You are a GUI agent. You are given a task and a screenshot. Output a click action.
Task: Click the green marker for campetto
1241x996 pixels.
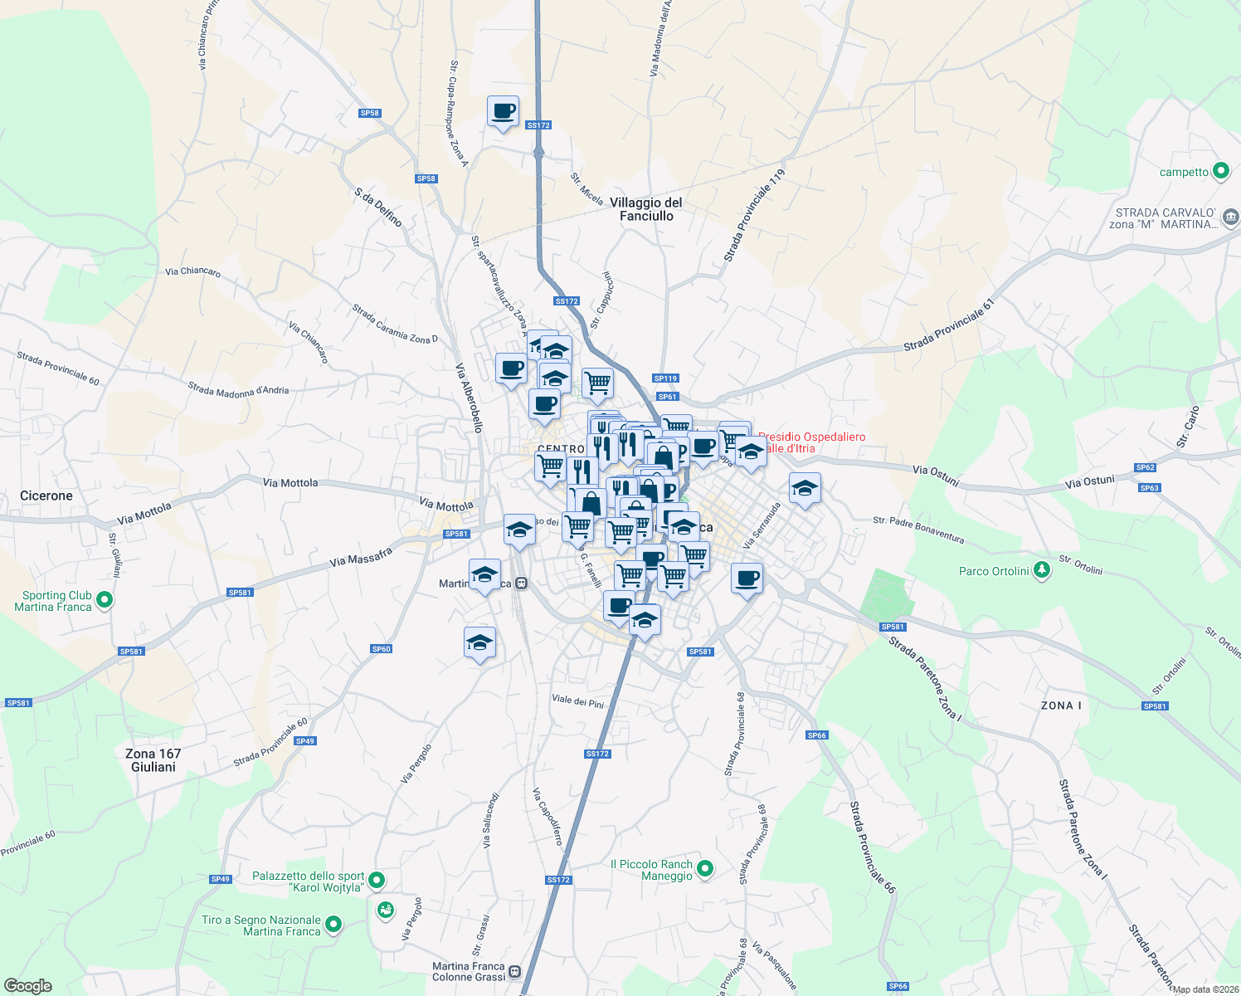pyautogui.click(x=1220, y=172)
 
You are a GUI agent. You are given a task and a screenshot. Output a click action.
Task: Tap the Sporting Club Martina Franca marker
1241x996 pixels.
pyautogui.click(x=104, y=600)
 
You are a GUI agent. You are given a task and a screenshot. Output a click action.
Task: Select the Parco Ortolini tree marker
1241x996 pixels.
pyautogui.click(x=1043, y=570)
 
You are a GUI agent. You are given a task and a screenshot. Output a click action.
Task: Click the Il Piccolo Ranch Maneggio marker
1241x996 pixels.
pyautogui.click(x=705, y=869)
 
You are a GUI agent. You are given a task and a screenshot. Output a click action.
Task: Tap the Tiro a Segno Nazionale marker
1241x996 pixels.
pyautogui.click(x=333, y=924)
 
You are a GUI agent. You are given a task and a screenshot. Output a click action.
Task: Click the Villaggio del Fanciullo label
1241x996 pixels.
pyautogui.click(x=646, y=209)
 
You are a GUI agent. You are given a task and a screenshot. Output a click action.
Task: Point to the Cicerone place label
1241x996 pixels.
pyautogui.click(x=46, y=496)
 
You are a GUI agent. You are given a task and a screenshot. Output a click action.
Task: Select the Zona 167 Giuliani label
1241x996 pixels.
pyautogui.click(x=153, y=760)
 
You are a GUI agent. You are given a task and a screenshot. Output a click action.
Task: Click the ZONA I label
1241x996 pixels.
pyautogui.click(x=1061, y=705)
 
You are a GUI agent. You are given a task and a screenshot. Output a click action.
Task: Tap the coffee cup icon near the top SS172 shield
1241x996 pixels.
pyautogui.click(x=503, y=111)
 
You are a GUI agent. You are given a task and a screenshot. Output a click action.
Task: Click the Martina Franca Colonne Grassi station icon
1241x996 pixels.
pyautogui.click(x=515, y=971)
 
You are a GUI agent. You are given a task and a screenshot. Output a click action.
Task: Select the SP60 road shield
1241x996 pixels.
pyautogui.click(x=381, y=649)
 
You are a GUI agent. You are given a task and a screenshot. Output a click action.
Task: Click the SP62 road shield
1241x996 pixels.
pyautogui.click(x=1146, y=467)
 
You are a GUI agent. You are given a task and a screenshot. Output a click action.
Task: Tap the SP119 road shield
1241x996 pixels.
pyautogui.click(x=665, y=378)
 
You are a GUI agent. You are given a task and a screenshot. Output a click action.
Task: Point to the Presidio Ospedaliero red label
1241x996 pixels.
pyautogui.click(x=810, y=442)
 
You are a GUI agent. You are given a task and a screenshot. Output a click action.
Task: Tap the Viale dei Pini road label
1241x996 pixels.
pyautogui.click(x=578, y=701)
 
